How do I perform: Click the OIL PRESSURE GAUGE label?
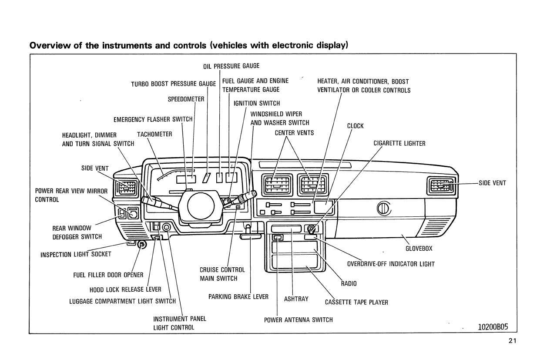pos(231,66)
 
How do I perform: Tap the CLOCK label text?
pos(355,126)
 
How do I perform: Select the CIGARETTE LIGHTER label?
pos(399,143)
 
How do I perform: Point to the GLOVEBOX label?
pos(419,249)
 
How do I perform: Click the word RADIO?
pos(349,283)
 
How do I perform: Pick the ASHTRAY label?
pos(296,299)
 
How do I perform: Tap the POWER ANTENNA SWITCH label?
pos(298,320)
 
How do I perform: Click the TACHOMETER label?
pos(154,134)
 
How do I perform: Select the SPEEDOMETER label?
pos(186,99)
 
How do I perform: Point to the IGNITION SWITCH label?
pos(257,103)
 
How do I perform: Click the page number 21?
pos(512,341)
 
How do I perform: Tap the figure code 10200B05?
pos(493,327)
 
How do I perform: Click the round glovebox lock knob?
pos(384,209)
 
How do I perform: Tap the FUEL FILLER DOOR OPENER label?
pos(108,275)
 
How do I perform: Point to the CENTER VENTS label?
pos(294,133)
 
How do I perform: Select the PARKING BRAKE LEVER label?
pos(238,297)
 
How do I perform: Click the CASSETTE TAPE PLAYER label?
pos(356,302)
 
